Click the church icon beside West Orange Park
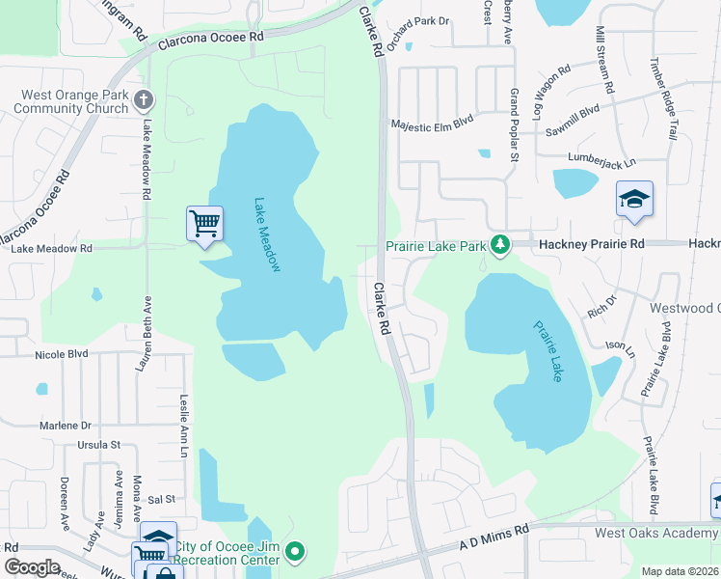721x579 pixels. point(144,100)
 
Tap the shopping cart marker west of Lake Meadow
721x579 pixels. point(204,225)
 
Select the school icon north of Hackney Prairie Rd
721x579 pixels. point(634,200)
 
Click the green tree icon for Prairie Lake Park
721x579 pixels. point(499,246)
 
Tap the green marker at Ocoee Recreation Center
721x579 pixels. point(297,553)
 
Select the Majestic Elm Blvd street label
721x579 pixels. point(432,124)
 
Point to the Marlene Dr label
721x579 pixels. point(66,425)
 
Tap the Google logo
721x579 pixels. point(32,566)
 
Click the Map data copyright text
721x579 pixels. point(680,571)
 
